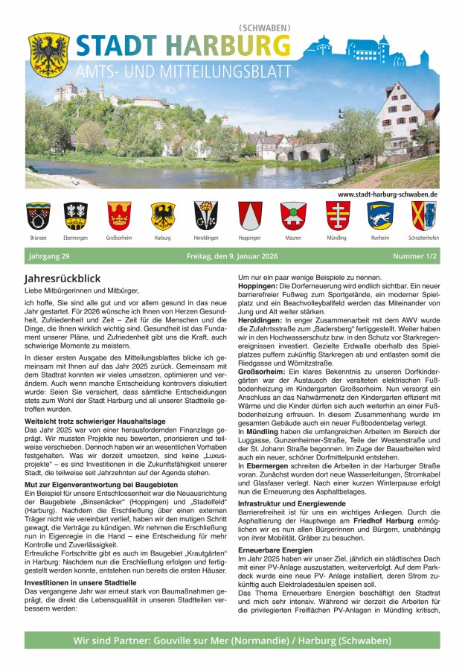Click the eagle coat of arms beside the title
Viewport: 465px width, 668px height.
[49, 54]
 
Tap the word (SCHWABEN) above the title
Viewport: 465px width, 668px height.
[264, 28]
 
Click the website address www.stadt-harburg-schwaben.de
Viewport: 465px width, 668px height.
[387, 194]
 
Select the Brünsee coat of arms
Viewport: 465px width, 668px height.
[38, 216]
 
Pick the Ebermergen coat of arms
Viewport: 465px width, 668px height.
[75, 216]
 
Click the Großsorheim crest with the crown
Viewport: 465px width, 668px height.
[119, 216]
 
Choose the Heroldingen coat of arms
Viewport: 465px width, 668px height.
[206, 216]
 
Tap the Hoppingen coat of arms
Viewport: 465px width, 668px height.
[250, 216]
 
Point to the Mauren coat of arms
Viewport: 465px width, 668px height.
[293, 216]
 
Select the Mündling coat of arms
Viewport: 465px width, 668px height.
[337, 216]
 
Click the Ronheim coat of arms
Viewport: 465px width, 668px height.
[379, 216]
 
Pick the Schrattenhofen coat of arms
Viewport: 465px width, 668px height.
[423, 216]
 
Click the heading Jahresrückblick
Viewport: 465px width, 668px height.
[62, 278]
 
